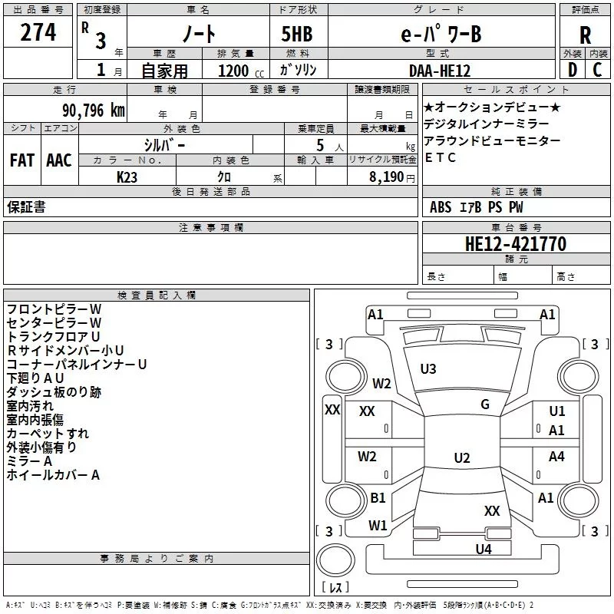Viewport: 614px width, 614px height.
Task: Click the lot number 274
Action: pos(38,32)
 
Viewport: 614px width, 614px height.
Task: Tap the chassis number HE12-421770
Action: pos(515,244)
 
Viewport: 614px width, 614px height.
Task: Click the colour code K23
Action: pos(127,177)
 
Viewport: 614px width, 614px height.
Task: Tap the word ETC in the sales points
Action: pos(440,157)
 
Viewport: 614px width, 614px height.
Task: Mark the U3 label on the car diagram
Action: pos(428,369)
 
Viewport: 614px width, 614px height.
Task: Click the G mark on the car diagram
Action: pos(485,404)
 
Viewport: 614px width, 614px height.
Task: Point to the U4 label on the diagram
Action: pos(483,549)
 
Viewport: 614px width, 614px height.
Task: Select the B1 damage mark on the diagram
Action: pos(378,498)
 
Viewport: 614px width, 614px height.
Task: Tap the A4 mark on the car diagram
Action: pos(556,457)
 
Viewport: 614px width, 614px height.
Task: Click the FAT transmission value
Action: pos(21,160)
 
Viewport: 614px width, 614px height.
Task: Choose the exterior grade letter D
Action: pos(571,70)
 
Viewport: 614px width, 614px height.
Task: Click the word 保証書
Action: pos(26,206)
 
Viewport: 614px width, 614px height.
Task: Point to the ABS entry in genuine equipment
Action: pos(441,207)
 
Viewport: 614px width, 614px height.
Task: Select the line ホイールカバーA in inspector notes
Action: pos(54,475)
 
